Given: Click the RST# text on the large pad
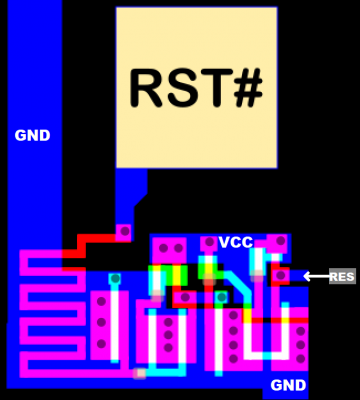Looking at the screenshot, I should [x=196, y=88].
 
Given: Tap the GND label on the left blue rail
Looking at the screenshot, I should [x=32, y=136].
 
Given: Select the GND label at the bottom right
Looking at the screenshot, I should [x=288, y=385].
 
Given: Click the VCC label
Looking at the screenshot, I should [x=236, y=243].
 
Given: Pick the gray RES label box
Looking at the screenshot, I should [x=342, y=277].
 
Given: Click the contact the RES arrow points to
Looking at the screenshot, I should [x=281, y=276].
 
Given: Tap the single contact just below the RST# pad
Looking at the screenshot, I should [x=123, y=232].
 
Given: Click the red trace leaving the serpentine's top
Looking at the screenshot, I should [x=95, y=241].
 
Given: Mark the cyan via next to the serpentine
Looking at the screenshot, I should [x=115, y=279].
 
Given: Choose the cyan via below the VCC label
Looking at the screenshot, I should [x=221, y=297].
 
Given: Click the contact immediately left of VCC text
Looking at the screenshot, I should [x=208, y=243].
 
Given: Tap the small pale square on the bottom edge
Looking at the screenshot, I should [x=140, y=373].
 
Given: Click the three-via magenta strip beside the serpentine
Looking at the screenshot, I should [x=101, y=322].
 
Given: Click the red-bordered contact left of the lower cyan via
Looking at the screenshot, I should [x=185, y=297].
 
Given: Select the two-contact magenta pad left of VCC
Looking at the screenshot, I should [x=169, y=247].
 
